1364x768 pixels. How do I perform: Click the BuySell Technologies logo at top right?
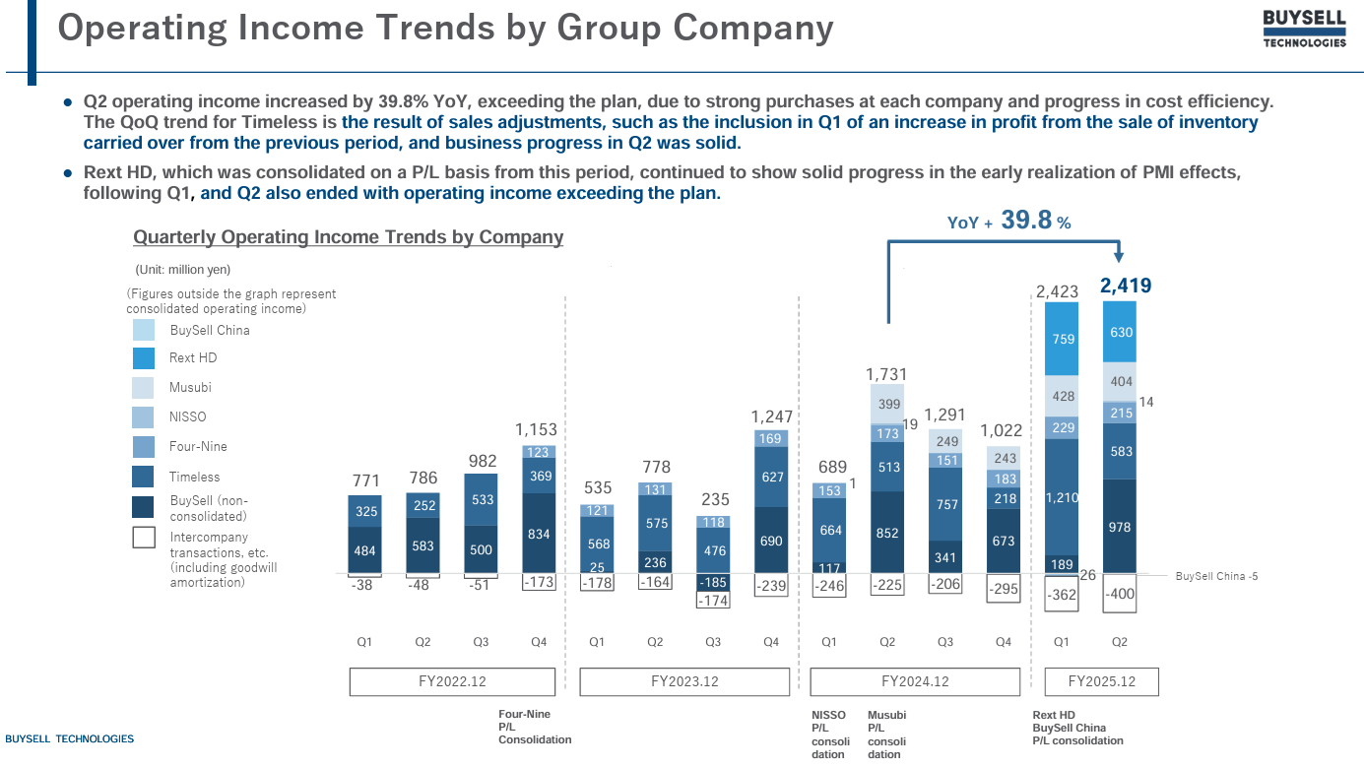point(1304,30)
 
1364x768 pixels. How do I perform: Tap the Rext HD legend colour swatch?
point(144,358)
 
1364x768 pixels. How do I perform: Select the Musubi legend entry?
point(190,388)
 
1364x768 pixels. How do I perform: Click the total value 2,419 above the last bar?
point(1125,287)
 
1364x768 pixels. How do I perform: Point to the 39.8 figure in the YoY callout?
point(1026,221)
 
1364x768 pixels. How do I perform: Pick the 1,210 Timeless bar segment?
point(1062,497)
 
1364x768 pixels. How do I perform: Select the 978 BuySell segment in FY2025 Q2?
point(1120,527)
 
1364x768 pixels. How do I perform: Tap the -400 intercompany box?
point(1120,595)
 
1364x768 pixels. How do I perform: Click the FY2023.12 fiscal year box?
point(684,681)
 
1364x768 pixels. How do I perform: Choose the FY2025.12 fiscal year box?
point(1101,681)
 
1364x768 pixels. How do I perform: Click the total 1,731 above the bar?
point(886,374)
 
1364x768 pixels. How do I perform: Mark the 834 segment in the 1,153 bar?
point(539,534)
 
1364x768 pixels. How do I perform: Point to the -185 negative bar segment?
point(713,582)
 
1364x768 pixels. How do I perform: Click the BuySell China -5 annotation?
point(1216,576)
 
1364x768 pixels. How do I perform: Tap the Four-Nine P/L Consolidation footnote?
point(534,727)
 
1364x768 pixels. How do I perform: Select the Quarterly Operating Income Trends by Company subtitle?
point(348,237)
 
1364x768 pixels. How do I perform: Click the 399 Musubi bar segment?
point(888,404)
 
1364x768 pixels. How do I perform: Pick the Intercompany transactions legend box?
point(144,538)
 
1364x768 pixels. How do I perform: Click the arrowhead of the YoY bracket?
point(1118,258)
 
